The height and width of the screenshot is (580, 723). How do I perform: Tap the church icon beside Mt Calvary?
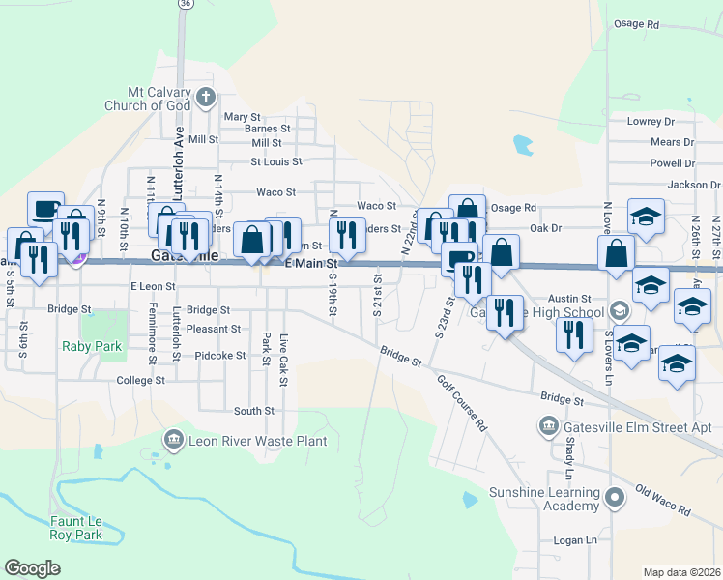[x=205, y=97]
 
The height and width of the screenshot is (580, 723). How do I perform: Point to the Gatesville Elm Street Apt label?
[x=637, y=426]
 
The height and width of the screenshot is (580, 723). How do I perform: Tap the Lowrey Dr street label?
[x=651, y=121]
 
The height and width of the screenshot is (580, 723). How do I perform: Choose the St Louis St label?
[x=276, y=161]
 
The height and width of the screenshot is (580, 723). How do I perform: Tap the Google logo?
[x=32, y=568]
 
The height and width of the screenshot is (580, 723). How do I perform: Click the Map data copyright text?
[x=681, y=572]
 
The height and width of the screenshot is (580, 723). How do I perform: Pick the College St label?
[x=140, y=381]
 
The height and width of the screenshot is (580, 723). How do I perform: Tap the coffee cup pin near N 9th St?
[x=45, y=208]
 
